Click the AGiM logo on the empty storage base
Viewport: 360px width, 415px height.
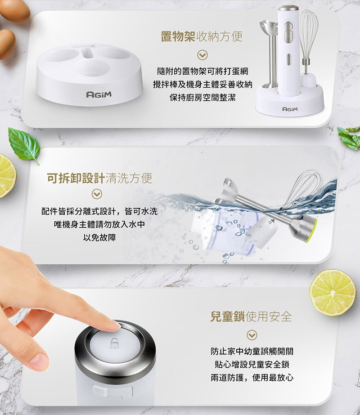99,94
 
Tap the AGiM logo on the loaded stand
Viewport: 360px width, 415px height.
290,109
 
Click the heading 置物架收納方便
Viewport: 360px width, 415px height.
202,36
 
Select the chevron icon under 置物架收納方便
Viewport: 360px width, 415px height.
202,55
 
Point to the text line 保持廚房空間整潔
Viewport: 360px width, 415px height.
202,98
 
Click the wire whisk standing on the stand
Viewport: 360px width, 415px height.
308,42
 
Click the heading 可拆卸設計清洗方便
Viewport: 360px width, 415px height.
99,178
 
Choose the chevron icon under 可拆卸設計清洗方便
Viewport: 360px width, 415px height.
97,194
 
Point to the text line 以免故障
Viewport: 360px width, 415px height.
99,237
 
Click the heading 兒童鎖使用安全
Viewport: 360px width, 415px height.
251,317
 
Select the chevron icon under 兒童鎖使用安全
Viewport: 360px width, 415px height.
252,335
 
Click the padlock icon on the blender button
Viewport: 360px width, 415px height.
114,343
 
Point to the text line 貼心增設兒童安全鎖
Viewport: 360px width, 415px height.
252,365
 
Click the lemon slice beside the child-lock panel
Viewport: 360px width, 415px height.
333,292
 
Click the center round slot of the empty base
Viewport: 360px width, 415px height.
91,68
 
